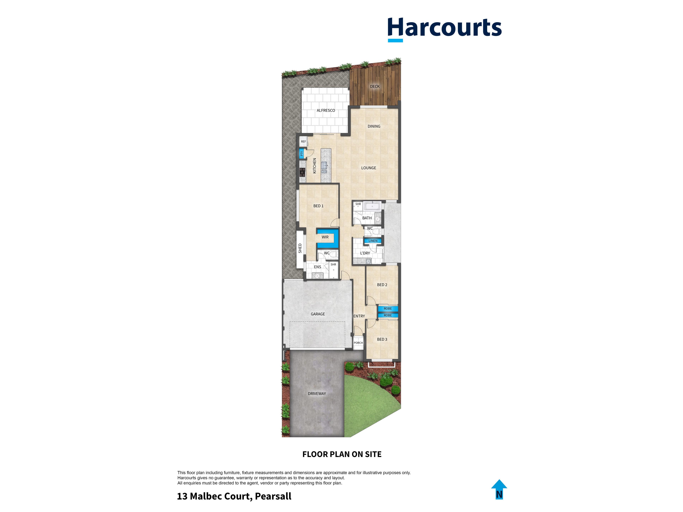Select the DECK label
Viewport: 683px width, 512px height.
[375, 86]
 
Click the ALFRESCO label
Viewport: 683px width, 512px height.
[326, 110]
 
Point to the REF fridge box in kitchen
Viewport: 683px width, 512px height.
[303, 142]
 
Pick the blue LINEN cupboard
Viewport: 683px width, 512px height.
[373, 241]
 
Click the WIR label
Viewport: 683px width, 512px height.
[325, 237]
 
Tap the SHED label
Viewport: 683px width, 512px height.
[300, 248]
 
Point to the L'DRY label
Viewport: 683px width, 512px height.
[365, 253]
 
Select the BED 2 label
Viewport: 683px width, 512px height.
[382, 285]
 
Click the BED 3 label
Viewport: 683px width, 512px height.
[382, 340]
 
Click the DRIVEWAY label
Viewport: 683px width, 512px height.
[317, 393]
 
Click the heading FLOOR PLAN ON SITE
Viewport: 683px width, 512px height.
[342, 454]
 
